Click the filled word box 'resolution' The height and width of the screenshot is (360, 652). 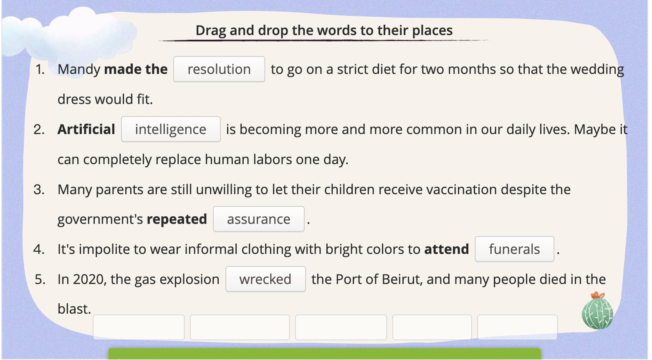[x=219, y=69]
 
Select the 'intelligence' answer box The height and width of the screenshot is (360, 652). [x=171, y=129]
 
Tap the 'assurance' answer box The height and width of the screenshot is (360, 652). [x=258, y=219]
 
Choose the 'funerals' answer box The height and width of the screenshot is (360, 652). [x=514, y=249]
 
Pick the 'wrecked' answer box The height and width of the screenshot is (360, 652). [x=265, y=279]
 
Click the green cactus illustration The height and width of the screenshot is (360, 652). [x=597, y=311]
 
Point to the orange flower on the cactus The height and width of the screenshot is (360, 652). [x=598, y=295]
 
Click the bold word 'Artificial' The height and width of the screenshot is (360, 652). [x=86, y=129]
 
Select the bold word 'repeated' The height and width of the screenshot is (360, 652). [x=177, y=219]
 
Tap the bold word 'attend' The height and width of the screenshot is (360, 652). [x=447, y=249]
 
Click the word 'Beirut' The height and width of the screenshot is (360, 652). [x=401, y=279]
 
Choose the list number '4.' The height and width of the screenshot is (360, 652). [x=39, y=249]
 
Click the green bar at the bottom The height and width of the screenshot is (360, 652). [x=325, y=354]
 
